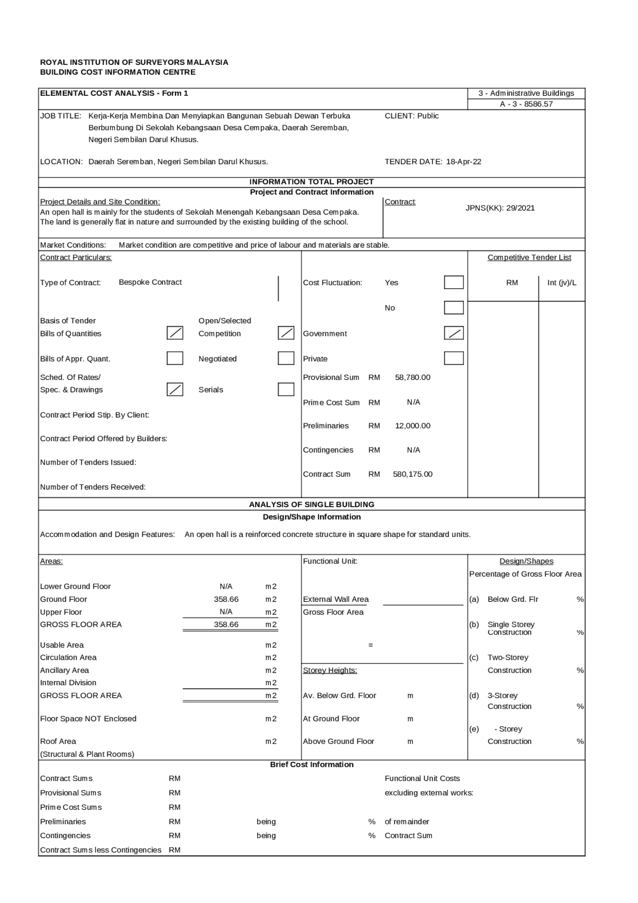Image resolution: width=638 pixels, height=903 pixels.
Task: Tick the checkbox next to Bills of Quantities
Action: coord(174,333)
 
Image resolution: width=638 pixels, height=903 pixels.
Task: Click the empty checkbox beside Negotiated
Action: coord(286,358)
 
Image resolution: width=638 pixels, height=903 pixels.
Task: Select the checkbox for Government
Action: coord(454,333)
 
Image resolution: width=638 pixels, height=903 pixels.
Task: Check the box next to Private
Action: coord(454,358)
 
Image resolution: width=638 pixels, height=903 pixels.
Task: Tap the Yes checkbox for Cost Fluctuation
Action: coord(454,282)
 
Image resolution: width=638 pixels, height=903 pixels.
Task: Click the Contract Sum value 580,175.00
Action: coord(412,474)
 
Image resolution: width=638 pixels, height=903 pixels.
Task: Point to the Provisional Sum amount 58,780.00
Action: coord(412,377)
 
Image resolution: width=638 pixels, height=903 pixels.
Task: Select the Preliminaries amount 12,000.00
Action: coord(412,426)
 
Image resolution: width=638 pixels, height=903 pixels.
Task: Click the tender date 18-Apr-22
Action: coord(464,162)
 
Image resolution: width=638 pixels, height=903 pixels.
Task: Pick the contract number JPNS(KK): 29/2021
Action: coord(500,208)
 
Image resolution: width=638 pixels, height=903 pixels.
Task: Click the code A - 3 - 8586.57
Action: coord(526,104)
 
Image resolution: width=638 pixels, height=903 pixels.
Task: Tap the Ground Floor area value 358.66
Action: coord(226,599)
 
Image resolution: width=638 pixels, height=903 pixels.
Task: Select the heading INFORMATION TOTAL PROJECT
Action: coord(312,182)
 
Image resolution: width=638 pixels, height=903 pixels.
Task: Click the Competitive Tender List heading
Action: coord(529,257)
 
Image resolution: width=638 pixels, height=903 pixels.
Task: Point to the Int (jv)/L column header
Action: coord(562,283)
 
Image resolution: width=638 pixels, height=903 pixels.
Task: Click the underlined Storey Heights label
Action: coord(330,670)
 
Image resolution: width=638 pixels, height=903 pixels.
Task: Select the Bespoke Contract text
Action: coord(150,282)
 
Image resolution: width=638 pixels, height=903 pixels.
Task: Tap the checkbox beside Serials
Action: coord(286,389)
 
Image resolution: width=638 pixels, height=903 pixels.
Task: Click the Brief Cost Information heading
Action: coord(312,764)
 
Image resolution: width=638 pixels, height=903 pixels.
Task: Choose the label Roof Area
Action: coord(58,741)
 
